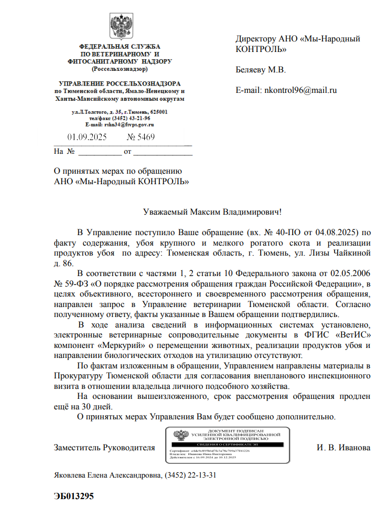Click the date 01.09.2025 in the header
[x=87, y=138]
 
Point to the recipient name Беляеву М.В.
[x=261, y=69]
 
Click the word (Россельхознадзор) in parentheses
[x=120, y=68]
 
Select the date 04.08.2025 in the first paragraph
[x=338, y=232]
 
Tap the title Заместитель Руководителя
[x=104, y=448]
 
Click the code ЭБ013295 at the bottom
[x=73, y=496]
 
